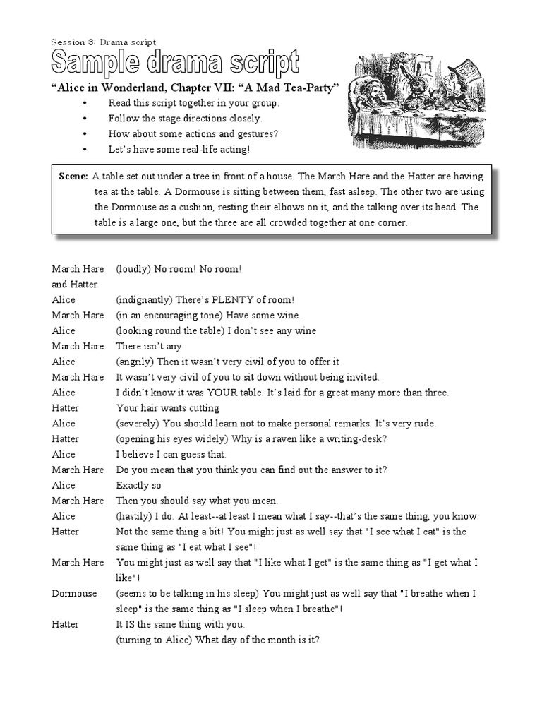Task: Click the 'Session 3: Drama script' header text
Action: pos(104,42)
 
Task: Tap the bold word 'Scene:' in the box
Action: pos(73,176)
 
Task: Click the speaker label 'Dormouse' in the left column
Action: pos(74,594)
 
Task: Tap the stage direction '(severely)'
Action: pos(138,424)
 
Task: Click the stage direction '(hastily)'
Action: pos(135,516)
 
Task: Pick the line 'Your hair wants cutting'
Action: pos(167,408)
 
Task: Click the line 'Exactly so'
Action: pos(138,486)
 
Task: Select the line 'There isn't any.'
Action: pos(150,346)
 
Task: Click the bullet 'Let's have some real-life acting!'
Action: pos(179,150)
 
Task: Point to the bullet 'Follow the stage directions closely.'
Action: pos(185,119)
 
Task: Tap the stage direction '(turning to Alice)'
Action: pos(157,640)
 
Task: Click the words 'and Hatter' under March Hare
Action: pos(74,285)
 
